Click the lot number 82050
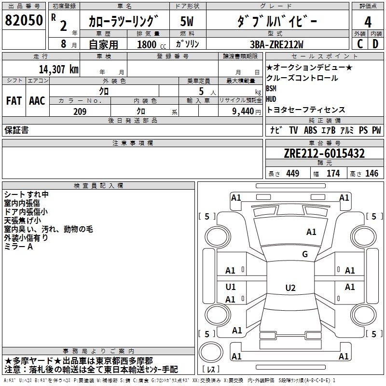[x=24, y=20]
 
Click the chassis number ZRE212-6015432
[x=324, y=154]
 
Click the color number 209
[x=80, y=111]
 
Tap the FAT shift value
[x=14, y=101]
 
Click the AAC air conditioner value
[x=37, y=101]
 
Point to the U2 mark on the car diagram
[x=290, y=288]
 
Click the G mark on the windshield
[x=305, y=254]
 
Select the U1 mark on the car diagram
[x=231, y=287]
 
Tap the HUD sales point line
[x=271, y=99]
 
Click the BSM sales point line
[x=271, y=89]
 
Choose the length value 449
[x=292, y=174]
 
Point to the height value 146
[x=372, y=174]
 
